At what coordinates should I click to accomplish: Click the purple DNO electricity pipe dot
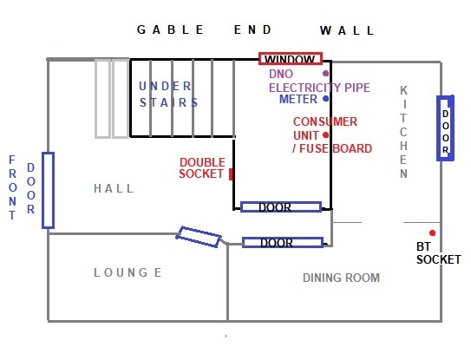(325, 74)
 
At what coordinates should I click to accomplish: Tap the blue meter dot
(325, 99)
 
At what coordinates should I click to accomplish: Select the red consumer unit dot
(325, 135)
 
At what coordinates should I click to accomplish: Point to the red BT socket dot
(432, 232)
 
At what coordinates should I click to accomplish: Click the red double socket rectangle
(231, 174)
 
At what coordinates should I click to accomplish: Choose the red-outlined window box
(291, 53)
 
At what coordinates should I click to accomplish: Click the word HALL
(114, 188)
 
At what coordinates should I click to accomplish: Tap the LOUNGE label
(128, 272)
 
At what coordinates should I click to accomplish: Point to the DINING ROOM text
(341, 278)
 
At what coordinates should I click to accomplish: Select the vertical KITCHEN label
(403, 132)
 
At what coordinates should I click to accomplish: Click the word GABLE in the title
(170, 29)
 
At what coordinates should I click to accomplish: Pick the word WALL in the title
(347, 30)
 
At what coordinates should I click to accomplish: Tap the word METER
(298, 99)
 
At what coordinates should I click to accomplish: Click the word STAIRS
(168, 102)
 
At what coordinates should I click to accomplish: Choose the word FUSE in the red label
(314, 148)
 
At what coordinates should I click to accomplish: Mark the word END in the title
(252, 29)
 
